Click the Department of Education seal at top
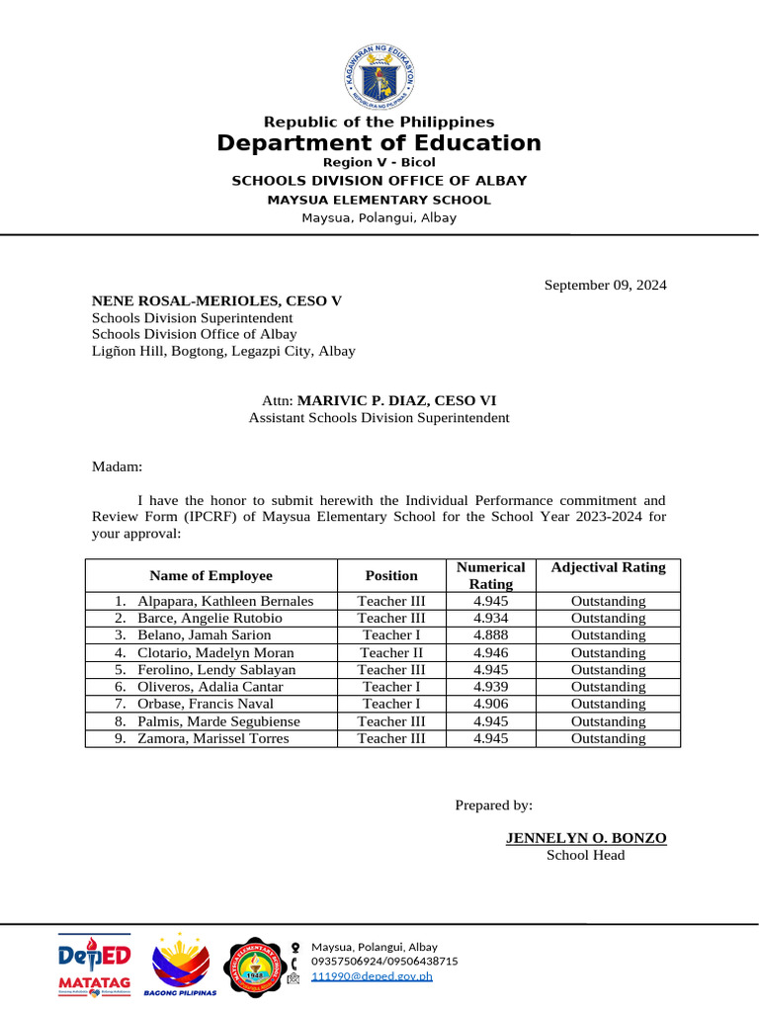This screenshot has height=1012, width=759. click(379, 72)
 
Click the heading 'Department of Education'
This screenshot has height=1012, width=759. click(379, 143)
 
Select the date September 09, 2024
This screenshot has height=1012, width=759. click(606, 286)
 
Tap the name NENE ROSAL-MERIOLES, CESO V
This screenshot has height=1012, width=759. click(216, 301)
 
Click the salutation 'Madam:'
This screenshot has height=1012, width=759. click(118, 466)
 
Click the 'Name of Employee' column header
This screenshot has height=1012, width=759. click(211, 575)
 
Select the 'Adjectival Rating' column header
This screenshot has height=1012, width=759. click(608, 567)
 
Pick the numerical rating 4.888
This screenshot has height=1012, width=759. click(491, 635)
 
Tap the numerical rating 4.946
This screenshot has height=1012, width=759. click(491, 652)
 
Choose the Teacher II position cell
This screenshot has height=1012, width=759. click(391, 652)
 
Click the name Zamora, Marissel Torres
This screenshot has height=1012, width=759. click(213, 738)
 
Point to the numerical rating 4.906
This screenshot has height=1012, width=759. click(491, 704)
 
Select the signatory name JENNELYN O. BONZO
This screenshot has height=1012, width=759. click(586, 838)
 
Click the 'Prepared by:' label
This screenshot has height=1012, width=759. click(493, 805)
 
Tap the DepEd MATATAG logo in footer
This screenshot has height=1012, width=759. click(94, 964)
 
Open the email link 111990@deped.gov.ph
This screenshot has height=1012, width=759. click(372, 976)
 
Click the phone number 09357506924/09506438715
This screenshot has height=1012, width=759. click(384, 961)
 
